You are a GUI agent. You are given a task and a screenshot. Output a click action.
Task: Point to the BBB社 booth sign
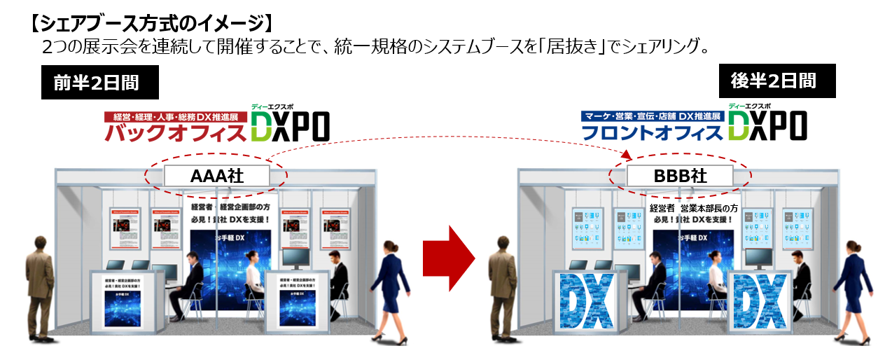tap(680, 175)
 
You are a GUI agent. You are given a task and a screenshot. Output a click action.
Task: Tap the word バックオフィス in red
tap(176, 132)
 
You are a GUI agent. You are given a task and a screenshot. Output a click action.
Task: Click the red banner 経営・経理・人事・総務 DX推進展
tap(175, 117)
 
